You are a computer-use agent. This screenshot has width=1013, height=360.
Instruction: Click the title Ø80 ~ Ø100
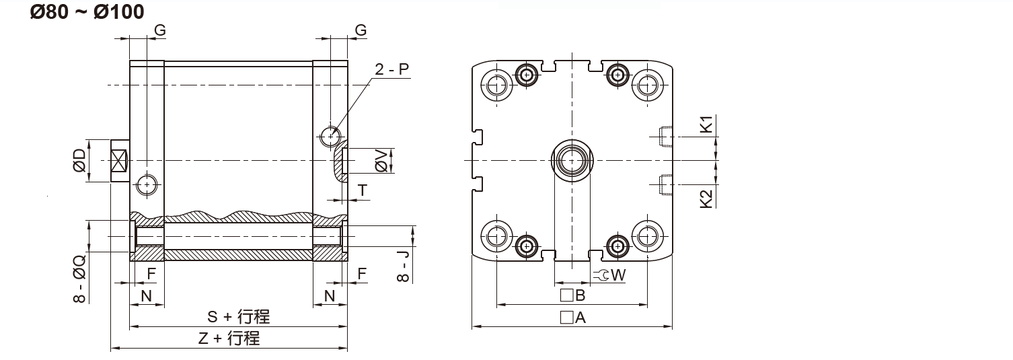87,11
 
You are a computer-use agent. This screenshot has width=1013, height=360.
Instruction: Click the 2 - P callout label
391,69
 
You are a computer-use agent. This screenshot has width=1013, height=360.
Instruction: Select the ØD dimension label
79,161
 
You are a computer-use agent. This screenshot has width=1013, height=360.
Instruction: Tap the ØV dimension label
381,161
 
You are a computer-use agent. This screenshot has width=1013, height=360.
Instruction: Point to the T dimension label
363,191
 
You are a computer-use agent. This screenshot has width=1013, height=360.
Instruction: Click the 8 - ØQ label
79,279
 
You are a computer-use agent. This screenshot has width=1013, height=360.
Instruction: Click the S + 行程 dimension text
238,316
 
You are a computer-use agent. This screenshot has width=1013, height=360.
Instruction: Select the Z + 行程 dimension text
229,338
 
